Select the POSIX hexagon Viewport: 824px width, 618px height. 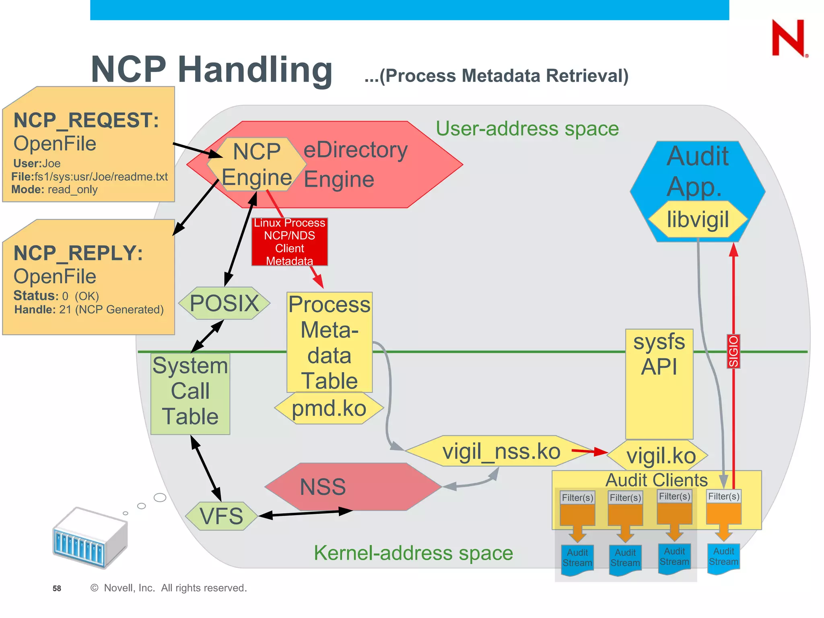(224, 303)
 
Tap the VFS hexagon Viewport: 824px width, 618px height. (222, 516)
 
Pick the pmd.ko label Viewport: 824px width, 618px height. (329, 408)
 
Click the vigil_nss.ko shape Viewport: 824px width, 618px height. (501, 451)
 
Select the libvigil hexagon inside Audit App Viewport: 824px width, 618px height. (698, 220)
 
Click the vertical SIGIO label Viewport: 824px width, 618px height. (733, 351)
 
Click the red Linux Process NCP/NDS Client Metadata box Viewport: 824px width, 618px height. (290, 241)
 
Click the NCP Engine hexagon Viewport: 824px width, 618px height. (257, 164)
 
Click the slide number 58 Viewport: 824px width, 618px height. (57, 588)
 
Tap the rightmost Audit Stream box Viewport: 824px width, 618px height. (723, 557)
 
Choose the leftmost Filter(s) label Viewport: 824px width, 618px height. (577, 498)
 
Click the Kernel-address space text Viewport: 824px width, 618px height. (413, 553)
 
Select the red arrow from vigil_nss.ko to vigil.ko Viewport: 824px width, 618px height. (589, 451)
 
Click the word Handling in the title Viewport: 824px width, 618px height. (255, 70)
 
